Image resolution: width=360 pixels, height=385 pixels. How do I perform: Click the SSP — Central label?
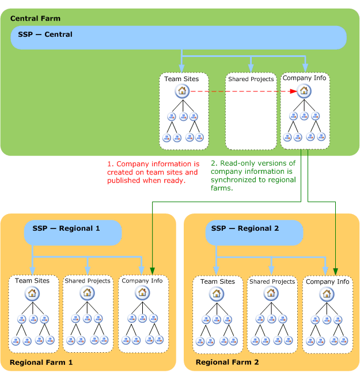(45, 35)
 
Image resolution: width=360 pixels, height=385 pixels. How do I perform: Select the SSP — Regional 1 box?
(73, 231)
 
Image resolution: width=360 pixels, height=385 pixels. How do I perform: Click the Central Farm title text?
(36, 18)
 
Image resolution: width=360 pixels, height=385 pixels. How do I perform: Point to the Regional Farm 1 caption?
(41, 363)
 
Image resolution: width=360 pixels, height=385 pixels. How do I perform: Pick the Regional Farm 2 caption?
(227, 363)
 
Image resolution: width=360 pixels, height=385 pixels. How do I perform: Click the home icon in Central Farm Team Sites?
(182, 91)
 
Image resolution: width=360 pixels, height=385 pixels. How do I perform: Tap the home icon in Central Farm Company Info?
(304, 91)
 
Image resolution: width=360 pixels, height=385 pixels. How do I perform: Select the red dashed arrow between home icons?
(242, 91)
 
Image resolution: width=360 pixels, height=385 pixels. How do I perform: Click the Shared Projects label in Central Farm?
(251, 79)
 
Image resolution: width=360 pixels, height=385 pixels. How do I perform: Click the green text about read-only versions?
(253, 175)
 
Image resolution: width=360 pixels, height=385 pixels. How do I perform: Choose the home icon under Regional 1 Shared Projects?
(88, 292)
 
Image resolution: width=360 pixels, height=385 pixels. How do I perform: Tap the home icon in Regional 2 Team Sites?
(217, 293)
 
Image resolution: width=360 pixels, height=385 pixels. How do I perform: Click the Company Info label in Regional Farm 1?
(142, 281)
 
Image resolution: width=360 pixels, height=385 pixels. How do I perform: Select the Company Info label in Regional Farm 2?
(327, 282)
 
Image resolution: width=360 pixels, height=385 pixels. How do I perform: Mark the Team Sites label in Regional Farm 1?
(32, 281)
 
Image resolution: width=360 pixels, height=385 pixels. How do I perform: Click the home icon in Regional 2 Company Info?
(327, 293)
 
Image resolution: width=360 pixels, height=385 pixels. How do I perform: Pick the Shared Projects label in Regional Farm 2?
(272, 282)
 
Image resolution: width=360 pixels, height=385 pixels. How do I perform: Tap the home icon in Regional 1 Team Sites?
(32, 292)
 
